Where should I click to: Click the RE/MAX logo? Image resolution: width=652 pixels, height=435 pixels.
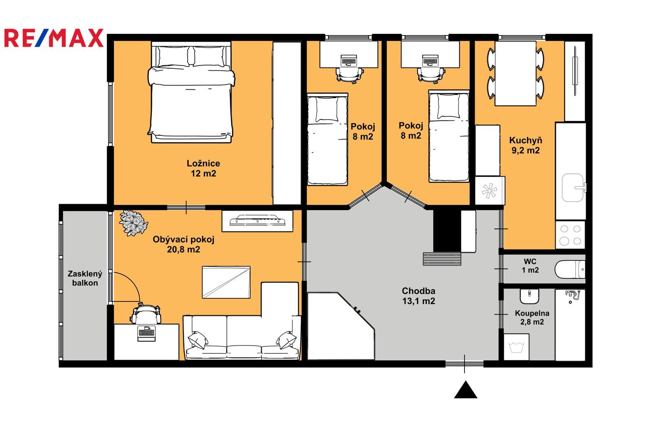pos(54,38)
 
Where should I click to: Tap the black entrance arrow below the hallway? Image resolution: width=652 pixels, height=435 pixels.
pos(465,390)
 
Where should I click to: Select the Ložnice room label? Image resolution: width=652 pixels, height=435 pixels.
pos(203,163)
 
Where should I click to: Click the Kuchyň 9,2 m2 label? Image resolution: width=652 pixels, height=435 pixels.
pos(526,145)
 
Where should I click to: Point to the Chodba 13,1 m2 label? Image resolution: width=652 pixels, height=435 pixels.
pos(419,295)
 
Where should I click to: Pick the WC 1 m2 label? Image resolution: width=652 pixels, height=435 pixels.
pos(530,266)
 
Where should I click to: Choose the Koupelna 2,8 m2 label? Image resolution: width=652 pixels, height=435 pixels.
pos(532,317)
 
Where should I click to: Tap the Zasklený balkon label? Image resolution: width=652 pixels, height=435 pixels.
pos(85,278)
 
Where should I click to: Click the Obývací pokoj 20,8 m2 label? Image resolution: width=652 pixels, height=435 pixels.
pos(183,244)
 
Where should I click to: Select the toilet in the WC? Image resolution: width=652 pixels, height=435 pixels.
pos(570,269)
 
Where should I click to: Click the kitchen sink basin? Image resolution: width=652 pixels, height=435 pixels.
pos(573,187)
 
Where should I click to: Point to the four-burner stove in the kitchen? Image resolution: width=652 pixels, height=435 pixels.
pos(570,235)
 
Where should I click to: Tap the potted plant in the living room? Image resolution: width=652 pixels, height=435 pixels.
pos(133,223)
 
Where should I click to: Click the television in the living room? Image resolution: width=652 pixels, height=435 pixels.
pos(257,220)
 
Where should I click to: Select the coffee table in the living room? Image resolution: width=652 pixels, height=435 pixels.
pos(226,282)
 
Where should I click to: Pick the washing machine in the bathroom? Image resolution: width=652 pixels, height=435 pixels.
pos(516,347)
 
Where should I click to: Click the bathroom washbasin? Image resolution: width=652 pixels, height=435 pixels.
pos(529,297)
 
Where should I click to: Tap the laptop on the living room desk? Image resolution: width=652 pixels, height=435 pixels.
pos(146,333)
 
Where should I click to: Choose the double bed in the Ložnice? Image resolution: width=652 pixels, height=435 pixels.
pos(191,92)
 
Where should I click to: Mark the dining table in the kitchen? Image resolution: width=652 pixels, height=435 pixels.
pos(515,73)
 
